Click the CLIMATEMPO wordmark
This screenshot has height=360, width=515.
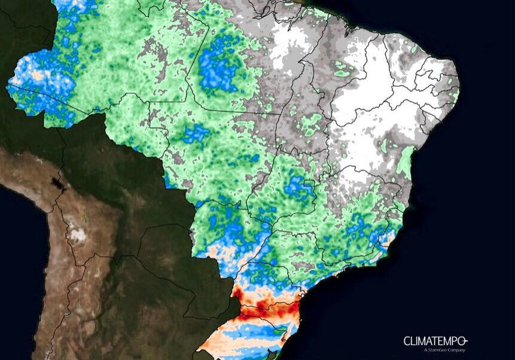[432, 341]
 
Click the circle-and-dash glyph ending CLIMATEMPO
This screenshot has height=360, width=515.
[464, 340]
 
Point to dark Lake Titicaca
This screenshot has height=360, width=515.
[57, 182]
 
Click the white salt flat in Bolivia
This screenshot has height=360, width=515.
[77, 234]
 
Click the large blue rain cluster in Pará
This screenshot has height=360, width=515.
[218, 68]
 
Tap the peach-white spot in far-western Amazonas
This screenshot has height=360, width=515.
[39, 76]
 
